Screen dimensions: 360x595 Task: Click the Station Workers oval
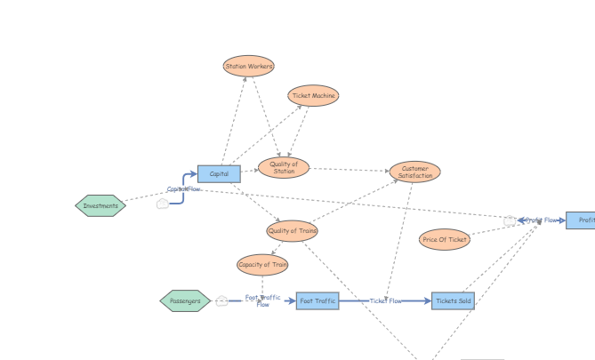tap(249, 66)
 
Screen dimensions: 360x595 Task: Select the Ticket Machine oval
tap(313, 96)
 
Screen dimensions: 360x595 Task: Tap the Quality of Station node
tap(284, 167)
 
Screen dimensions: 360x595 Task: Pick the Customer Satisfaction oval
tap(414, 172)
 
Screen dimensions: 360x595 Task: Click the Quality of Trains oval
tap(292, 231)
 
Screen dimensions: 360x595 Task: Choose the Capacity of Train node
tap(262, 265)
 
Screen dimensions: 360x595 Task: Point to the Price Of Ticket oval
tap(445, 239)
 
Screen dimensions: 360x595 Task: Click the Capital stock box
tap(219, 174)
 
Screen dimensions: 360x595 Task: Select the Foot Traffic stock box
tap(318, 301)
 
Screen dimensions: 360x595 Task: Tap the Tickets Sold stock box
tap(453, 301)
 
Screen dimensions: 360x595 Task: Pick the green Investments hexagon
tap(101, 206)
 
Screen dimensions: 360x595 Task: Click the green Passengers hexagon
tap(185, 301)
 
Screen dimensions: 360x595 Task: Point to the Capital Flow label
tap(184, 189)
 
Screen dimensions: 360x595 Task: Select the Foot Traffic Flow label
tap(262, 301)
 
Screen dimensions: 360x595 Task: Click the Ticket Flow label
tap(386, 301)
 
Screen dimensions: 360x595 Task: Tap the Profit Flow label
tap(542, 220)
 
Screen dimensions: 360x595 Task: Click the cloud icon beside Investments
tap(163, 204)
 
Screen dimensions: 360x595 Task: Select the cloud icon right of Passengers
tap(222, 301)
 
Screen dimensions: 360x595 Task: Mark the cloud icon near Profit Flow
tap(510, 220)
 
